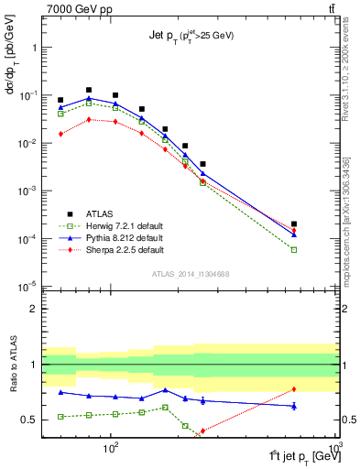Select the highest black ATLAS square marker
point(89,90)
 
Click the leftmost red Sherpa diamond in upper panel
point(60,134)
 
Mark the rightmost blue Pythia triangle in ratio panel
point(294,405)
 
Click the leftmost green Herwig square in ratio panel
point(60,417)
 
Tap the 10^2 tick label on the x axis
point(112,450)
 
